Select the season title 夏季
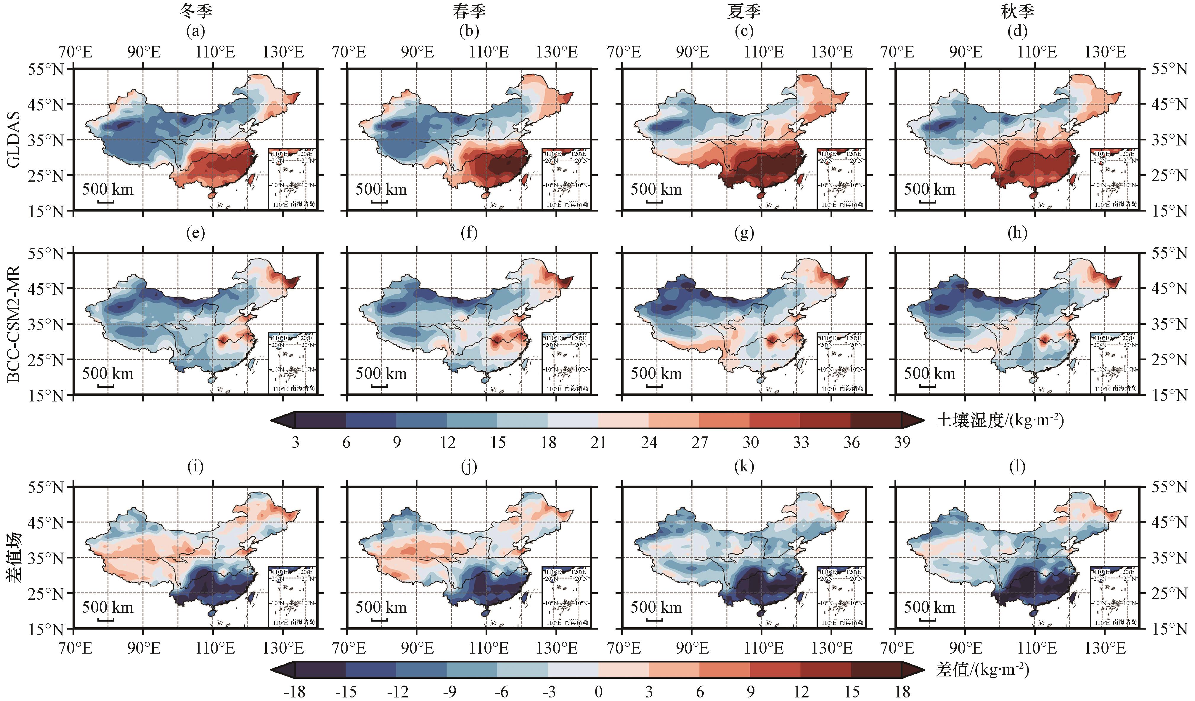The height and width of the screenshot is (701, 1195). point(743,11)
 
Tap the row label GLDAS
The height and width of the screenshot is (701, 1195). point(14,140)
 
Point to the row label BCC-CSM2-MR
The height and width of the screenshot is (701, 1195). point(14,324)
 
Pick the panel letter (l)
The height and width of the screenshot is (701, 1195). point(1017,467)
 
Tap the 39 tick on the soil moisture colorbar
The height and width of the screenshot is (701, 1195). point(902,442)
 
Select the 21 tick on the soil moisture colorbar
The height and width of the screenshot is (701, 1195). point(598,442)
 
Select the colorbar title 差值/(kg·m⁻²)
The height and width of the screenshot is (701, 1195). point(982,670)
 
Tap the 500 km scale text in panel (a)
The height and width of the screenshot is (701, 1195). point(108,189)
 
